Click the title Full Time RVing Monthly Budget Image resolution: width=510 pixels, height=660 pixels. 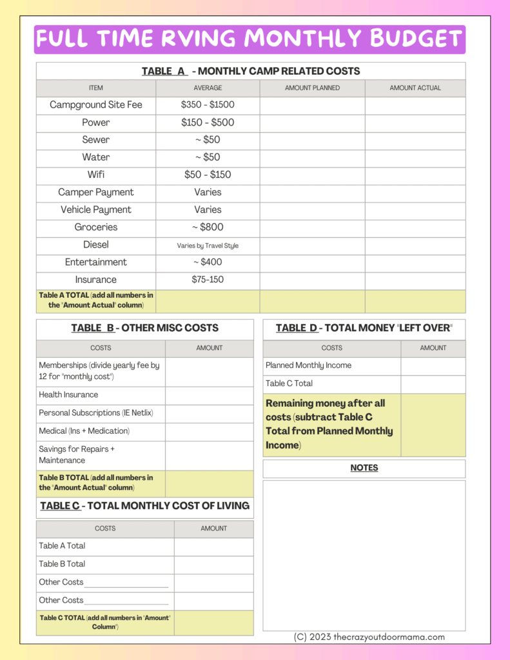pos(250,39)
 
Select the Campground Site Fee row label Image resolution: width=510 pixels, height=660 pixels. pos(96,104)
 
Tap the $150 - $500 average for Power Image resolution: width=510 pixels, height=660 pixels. pos(208,122)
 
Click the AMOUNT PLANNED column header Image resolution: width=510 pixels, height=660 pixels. pos(313,88)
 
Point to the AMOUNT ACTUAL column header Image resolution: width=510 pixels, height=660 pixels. pos(415,88)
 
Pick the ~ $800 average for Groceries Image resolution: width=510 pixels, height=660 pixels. pos(208,227)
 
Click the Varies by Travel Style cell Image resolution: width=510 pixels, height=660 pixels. pos(208,245)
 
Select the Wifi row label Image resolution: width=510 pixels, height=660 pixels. pos(96,175)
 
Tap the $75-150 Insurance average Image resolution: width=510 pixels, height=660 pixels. pos(208,280)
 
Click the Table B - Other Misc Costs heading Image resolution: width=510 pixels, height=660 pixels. pos(144,328)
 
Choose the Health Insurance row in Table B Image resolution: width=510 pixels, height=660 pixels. pos(68,394)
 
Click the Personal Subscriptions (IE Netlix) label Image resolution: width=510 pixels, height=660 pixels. pos(96,412)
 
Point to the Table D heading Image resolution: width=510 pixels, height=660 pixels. pos(364,328)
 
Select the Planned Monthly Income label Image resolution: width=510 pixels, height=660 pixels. pos(308,365)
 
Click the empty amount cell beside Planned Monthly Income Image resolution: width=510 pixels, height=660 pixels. pos(433,365)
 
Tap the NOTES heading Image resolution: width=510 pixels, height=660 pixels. pos(364,468)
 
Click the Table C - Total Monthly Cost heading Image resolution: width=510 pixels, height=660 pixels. pos(144,506)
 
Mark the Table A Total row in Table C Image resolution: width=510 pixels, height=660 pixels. pos(62,546)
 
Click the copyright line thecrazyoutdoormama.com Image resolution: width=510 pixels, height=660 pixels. pos(369,637)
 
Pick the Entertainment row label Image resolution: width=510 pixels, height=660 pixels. pos(96,262)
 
